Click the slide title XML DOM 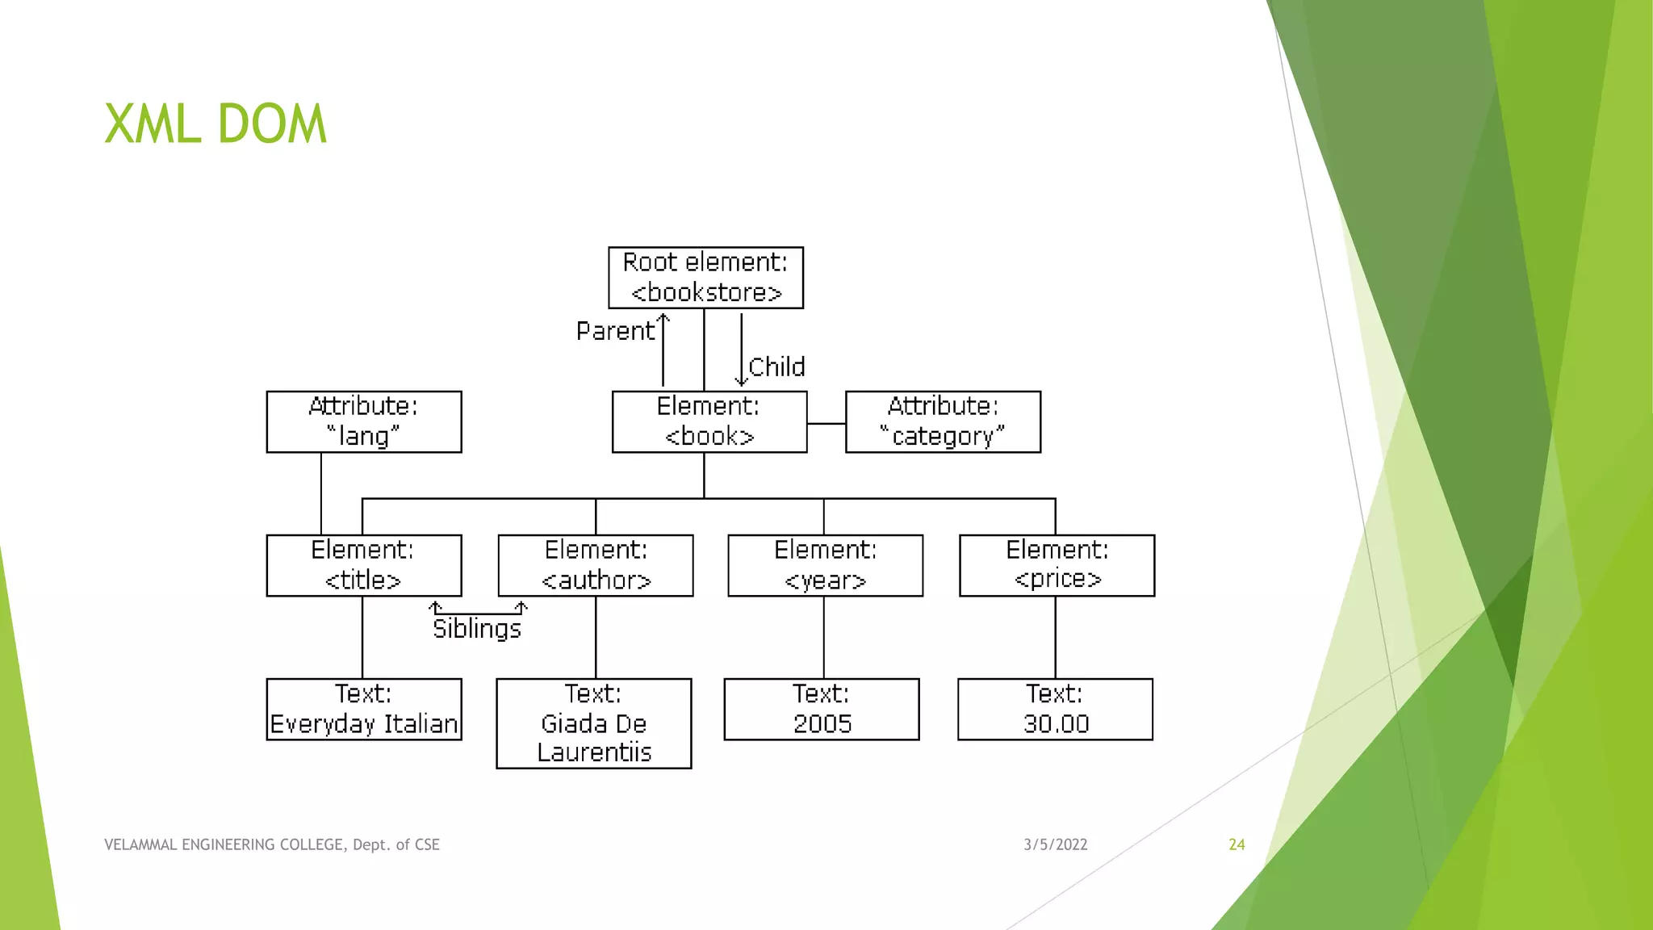pos(216,124)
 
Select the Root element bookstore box pos(705,278)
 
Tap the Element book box pos(709,421)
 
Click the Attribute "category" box pos(943,421)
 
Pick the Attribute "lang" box pos(364,421)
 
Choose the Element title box pos(364,565)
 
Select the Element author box pos(596,565)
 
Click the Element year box pos(825,565)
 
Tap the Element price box pos(1057,565)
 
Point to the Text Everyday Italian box pos(364,709)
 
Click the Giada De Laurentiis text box pos(594,723)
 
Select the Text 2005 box pos(822,709)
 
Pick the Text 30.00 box pos(1055,709)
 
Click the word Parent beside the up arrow pos(615,331)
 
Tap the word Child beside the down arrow pos(776,367)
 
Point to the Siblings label pos(477,629)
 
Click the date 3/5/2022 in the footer pos(1055,844)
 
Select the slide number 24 pos(1237,844)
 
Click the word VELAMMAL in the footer pos(141,844)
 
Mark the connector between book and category pos(826,423)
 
